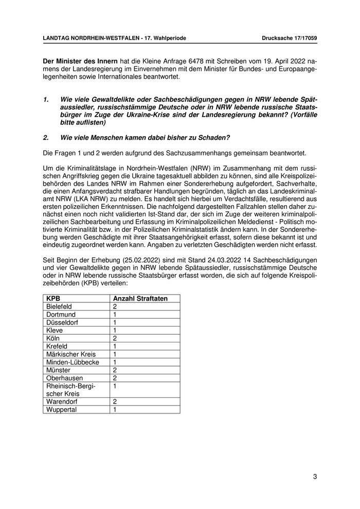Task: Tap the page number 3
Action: point(315,477)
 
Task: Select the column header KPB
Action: point(52,298)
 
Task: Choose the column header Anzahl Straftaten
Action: point(140,298)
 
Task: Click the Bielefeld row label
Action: point(59,306)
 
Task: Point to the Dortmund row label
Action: point(61,314)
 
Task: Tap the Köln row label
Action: point(53,338)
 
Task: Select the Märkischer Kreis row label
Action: point(68,354)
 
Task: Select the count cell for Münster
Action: point(115,370)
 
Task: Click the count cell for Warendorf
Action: point(115,402)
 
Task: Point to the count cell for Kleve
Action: point(115,330)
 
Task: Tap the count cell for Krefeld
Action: point(115,346)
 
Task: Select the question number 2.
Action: point(45,137)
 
